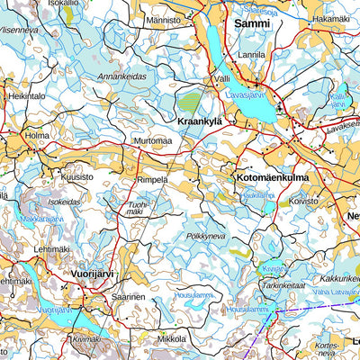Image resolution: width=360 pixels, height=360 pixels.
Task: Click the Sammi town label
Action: [x=251, y=23]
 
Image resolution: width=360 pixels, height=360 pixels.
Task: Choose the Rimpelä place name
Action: [x=152, y=179]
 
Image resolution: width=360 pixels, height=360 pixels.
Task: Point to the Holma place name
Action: [x=37, y=137]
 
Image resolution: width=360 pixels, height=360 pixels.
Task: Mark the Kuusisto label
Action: [x=76, y=177]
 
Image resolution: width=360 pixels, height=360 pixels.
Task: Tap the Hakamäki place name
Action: [x=331, y=18]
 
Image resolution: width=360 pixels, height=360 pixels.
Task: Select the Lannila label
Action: [x=251, y=55]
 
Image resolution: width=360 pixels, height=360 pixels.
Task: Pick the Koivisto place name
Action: [x=303, y=202]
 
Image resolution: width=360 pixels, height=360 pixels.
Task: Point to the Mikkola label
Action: [x=171, y=339]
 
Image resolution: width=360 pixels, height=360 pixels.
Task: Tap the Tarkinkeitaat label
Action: [x=285, y=285]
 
